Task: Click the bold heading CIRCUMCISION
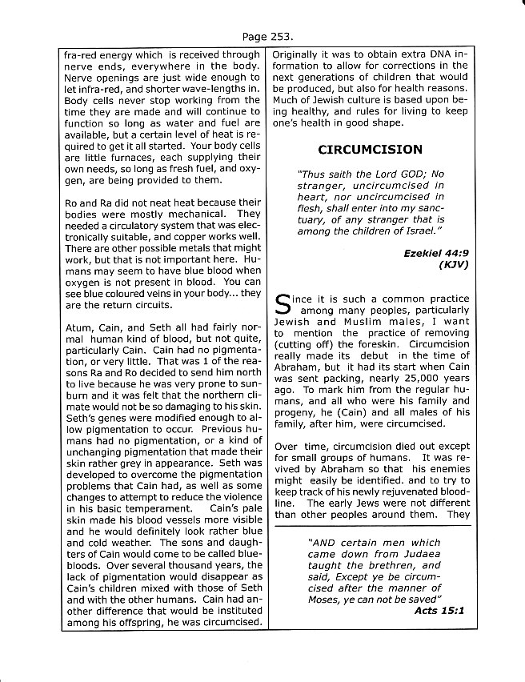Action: (370, 149)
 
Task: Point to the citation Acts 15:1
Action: (439, 610)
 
